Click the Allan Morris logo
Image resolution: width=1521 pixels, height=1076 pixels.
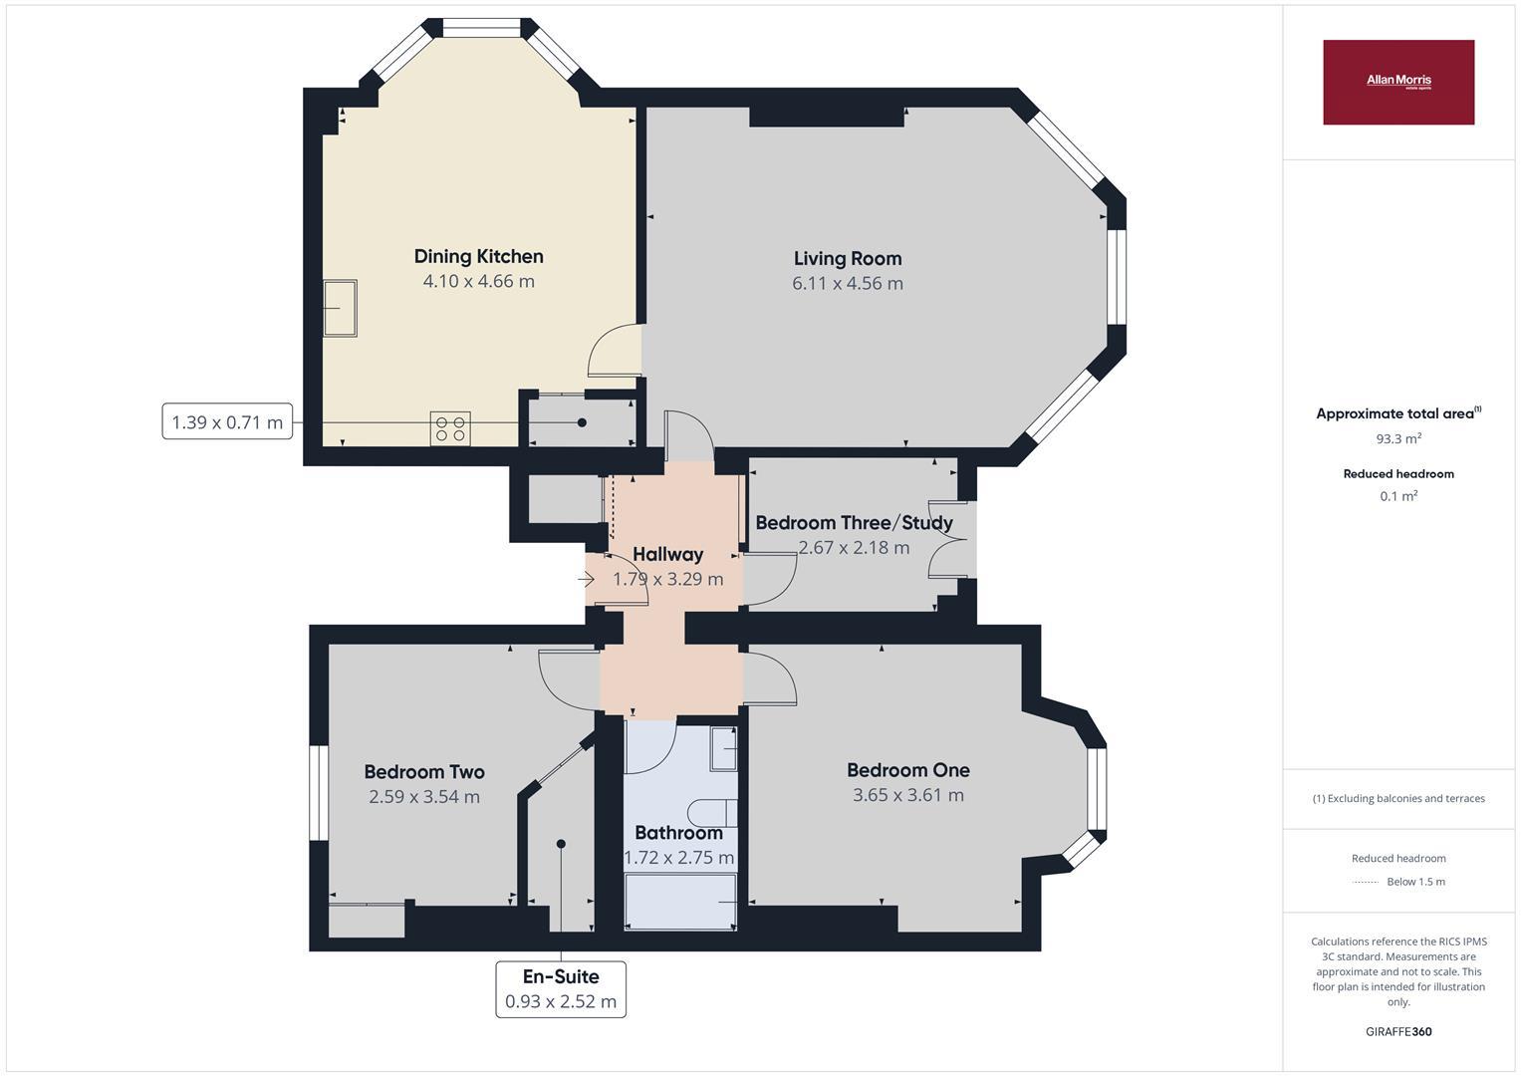coord(1398,82)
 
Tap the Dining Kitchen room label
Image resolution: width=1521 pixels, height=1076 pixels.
coord(479,257)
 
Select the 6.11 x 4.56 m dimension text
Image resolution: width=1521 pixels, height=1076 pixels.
coord(848,283)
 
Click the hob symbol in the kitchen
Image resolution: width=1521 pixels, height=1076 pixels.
coord(450,428)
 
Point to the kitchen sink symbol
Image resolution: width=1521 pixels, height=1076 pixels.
coord(341,308)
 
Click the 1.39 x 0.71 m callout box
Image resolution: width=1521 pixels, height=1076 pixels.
coord(227,421)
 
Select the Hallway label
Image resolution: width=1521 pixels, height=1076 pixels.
coord(667,554)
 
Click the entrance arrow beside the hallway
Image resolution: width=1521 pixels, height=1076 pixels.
coord(586,580)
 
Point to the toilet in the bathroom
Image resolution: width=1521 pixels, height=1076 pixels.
coord(712,812)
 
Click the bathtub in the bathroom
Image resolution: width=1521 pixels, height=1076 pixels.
coord(680,902)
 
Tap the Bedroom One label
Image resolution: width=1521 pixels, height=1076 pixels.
coord(907,770)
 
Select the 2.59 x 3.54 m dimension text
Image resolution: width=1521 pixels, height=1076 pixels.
coord(424,796)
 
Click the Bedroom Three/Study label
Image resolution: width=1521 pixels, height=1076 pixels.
coord(855,522)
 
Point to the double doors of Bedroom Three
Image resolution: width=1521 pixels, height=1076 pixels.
coord(947,540)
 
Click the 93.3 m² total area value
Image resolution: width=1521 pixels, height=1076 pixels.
coord(1398,438)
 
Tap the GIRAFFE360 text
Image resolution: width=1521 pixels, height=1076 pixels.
coord(1398,1031)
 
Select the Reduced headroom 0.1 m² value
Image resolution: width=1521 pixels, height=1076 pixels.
coord(1398,496)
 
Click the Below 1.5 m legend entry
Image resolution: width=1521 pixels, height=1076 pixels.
coord(1415,882)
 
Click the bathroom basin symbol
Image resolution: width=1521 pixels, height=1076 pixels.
coord(724,748)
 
